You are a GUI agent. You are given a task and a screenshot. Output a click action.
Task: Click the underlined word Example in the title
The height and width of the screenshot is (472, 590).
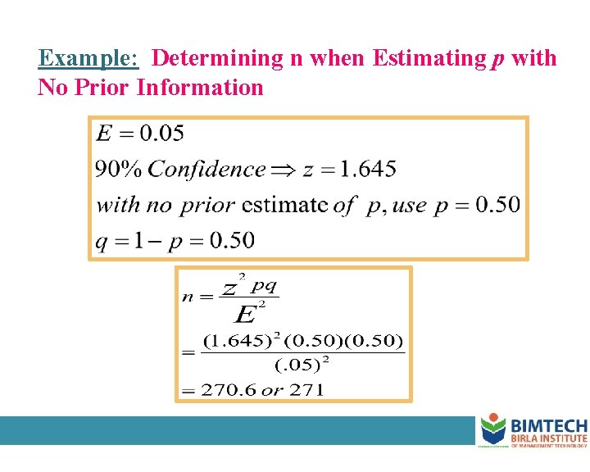(x=88, y=59)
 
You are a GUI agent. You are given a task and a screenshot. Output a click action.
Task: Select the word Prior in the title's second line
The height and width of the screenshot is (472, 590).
(x=103, y=88)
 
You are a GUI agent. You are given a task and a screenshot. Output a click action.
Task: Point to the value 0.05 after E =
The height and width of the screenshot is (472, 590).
(x=161, y=134)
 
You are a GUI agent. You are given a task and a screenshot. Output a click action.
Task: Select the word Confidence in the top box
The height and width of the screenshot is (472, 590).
(x=206, y=170)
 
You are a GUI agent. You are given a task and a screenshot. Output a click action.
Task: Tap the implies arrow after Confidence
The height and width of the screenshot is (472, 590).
(x=283, y=170)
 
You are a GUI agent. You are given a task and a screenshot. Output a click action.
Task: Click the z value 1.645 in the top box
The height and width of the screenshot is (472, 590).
(x=368, y=170)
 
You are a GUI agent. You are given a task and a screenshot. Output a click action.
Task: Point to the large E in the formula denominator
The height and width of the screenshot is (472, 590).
(x=245, y=314)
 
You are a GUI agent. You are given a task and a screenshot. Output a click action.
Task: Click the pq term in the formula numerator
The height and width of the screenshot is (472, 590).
(x=264, y=285)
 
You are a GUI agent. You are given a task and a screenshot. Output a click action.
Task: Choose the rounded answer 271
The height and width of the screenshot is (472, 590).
(x=307, y=390)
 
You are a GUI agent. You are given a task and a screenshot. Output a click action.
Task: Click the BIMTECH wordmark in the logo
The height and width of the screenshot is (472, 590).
(x=548, y=426)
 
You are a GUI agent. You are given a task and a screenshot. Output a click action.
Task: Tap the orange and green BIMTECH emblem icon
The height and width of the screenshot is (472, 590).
(x=493, y=429)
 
